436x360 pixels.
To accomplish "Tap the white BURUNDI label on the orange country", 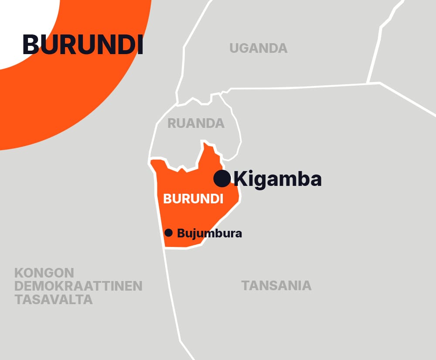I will [193, 199].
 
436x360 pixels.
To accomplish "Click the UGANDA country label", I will [259, 48].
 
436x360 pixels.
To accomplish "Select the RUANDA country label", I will [196, 123].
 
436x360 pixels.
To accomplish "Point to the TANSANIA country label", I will [276, 286].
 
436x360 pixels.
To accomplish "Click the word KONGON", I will [44, 273].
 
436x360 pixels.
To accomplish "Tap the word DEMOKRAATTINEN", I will [78, 286].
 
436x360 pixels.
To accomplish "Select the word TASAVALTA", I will [54, 300].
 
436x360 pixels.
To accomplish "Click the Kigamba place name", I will [278, 179].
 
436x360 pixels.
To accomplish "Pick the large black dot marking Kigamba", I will [221, 178].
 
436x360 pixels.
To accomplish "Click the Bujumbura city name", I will [209, 233].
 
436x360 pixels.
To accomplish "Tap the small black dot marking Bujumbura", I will [169, 233].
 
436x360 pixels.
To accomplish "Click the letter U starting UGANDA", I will [235, 48].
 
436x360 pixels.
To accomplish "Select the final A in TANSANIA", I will [307, 286].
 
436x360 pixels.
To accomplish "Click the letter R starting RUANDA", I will [172, 123].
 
